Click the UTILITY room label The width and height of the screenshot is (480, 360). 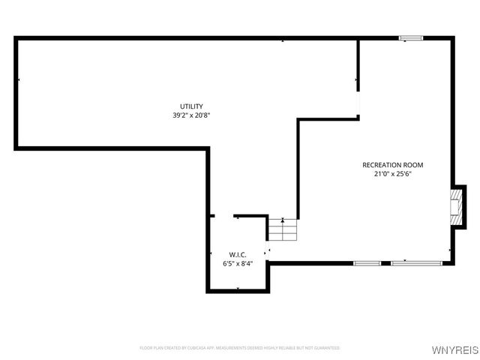coord(191,106)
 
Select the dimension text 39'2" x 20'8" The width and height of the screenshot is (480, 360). coord(191,115)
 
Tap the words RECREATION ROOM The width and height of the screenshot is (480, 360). coord(392,165)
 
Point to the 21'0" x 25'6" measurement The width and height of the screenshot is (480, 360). coord(393,174)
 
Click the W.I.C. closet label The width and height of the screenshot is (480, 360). coord(238,255)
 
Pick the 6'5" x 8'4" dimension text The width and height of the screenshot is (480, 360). coord(238,264)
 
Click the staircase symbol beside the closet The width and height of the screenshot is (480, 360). coord(283,231)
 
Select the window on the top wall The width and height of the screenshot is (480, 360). coord(410,37)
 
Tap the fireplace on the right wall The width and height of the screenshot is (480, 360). coord(454,206)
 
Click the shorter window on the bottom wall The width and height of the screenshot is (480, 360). coord(367,263)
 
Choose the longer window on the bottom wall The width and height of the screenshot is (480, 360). coord(415,263)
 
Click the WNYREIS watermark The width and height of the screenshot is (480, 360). coord(457,349)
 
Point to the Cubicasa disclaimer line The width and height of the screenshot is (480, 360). coord(239,348)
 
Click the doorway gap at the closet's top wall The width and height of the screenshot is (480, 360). coord(224,216)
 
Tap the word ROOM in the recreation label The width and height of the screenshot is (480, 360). coord(412,165)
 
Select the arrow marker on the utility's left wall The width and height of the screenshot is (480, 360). coord(18,79)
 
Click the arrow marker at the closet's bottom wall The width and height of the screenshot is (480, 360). coord(238,289)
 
